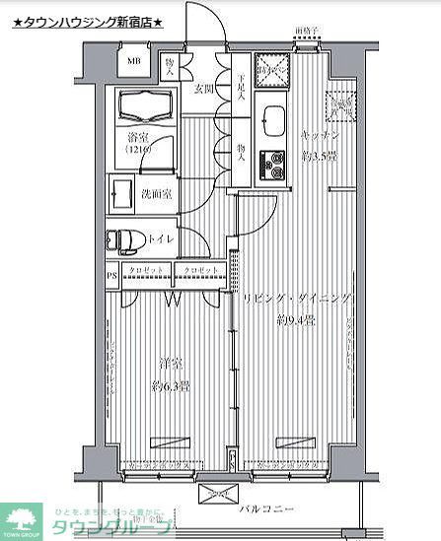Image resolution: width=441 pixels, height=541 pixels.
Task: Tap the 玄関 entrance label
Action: point(204,89)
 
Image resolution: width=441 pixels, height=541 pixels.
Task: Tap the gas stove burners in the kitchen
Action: point(271,167)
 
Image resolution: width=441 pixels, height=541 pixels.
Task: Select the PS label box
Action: point(112,275)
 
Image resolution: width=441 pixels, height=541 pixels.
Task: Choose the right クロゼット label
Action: point(200,270)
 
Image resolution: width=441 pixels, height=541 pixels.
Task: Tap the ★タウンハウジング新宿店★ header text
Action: point(88,21)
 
